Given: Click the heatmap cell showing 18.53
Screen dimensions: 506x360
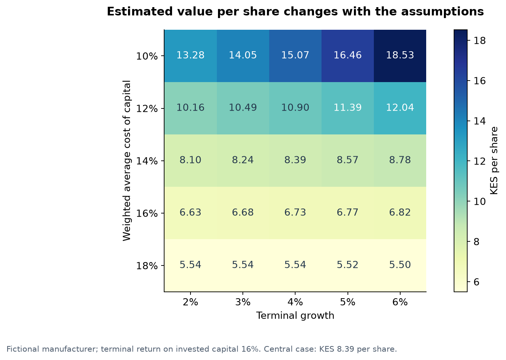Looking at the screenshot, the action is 400,56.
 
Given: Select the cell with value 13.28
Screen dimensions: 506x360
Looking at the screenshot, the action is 191,56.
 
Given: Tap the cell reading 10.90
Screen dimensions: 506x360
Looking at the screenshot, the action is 295,108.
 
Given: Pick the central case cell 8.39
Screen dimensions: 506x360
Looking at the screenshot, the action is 295,161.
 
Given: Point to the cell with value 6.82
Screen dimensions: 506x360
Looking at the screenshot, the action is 400,213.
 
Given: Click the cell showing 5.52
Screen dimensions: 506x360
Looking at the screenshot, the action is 347,265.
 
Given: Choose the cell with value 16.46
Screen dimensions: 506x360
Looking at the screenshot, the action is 347,56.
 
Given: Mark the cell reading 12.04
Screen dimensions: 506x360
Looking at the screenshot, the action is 400,108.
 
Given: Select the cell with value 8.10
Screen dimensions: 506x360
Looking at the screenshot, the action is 191,161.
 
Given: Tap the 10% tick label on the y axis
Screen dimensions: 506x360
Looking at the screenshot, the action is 147,56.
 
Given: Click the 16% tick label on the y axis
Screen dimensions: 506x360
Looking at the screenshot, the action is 147,213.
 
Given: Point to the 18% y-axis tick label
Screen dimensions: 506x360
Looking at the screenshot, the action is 147,265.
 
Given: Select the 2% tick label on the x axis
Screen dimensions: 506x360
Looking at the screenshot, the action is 191,302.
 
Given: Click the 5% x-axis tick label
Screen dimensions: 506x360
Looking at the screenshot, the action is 347,302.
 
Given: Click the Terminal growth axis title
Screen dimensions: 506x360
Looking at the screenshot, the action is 295,316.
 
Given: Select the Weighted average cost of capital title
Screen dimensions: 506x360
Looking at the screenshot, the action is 126,161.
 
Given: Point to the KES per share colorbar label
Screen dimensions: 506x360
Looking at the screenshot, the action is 494,161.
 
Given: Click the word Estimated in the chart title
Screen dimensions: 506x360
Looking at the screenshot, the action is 139,12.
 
